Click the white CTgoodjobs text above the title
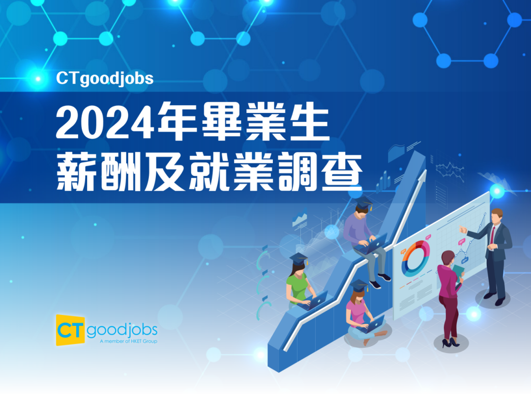[105, 79]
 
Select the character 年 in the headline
[177, 121]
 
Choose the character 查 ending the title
[342, 171]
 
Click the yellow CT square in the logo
[70, 330]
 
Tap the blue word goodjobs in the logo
[122, 330]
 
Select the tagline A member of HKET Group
[129, 341]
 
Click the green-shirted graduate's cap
[299, 258]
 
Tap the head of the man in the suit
[497, 217]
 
